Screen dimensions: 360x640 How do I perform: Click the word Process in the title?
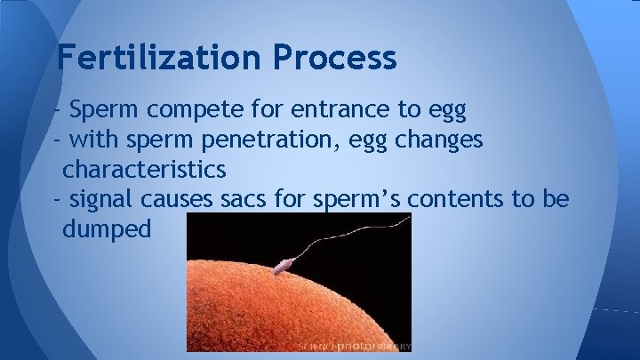335,58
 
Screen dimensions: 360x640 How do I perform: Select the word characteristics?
144,168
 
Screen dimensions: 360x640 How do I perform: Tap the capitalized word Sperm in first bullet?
98,111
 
